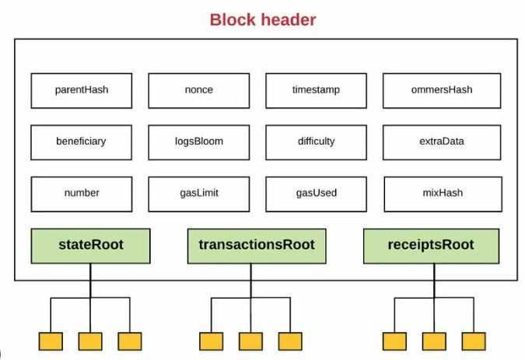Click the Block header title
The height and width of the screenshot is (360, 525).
point(262,19)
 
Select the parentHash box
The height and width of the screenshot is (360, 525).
point(82,90)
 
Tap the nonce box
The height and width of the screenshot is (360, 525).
point(198,90)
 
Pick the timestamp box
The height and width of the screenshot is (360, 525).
point(316,90)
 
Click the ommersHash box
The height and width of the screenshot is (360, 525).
point(440,90)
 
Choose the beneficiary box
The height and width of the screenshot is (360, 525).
point(82,142)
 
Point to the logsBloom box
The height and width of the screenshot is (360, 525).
point(198,142)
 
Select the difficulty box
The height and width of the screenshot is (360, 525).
point(316,142)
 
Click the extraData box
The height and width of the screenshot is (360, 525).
point(440,142)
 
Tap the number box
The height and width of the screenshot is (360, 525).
point(82,193)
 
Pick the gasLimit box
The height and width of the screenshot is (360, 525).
point(198,193)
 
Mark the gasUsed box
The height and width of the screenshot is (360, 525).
point(316,193)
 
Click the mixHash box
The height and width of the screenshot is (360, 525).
point(440,193)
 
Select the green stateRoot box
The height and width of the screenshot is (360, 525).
point(90,246)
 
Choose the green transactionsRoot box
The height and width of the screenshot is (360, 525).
point(257,246)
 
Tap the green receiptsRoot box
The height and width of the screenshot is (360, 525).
point(431,246)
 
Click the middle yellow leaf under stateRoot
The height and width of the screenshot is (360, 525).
point(90,341)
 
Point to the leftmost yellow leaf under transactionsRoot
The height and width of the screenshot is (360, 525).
point(211,341)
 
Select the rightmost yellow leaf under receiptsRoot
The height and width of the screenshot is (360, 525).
point(473,341)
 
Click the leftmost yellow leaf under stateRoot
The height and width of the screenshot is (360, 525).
point(51,341)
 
